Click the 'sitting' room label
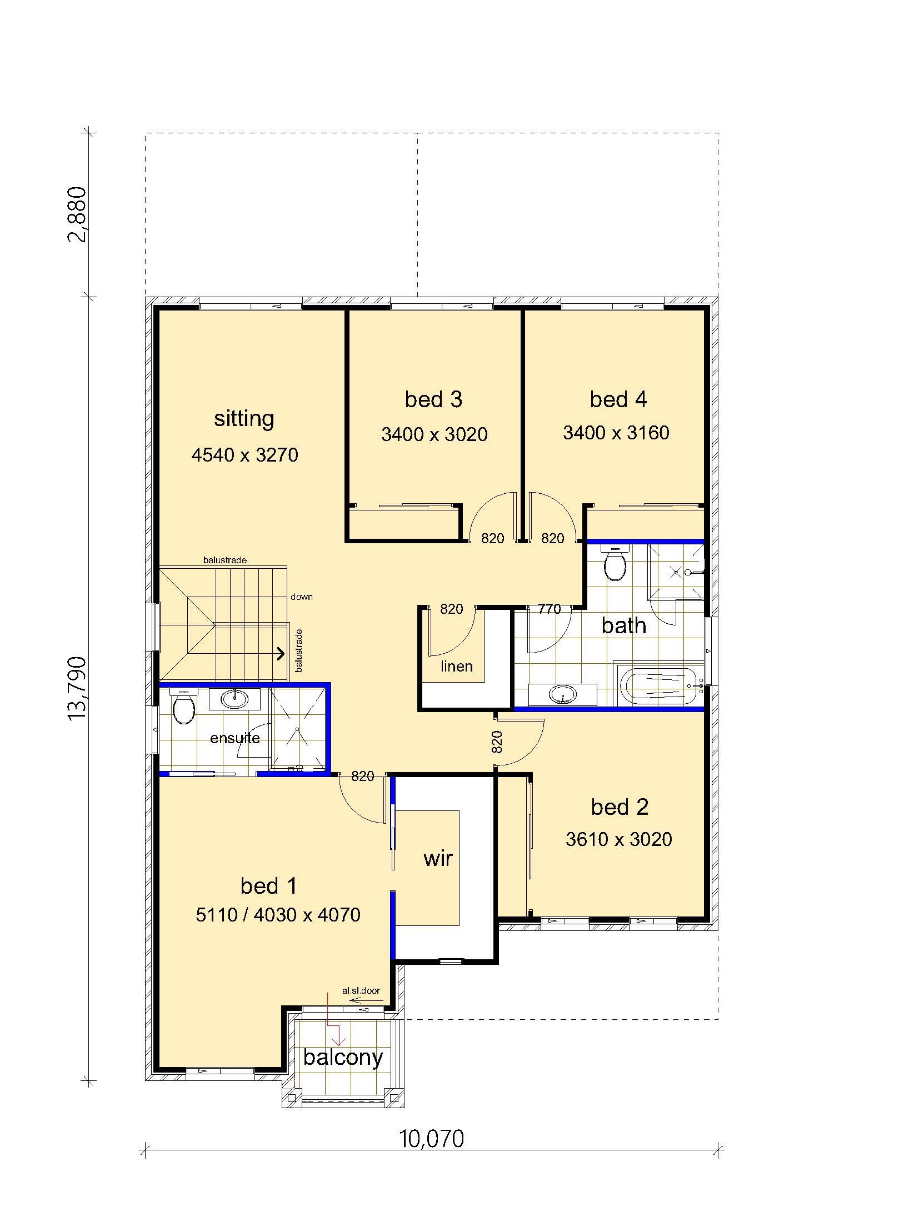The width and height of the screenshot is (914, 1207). click(x=244, y=418)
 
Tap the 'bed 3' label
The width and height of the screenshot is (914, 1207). click(x=433, y=399)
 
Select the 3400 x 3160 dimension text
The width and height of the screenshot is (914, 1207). click(x=616, y=433)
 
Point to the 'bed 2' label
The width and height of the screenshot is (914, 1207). click(x=620, y=807)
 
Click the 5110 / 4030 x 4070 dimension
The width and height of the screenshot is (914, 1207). click(x=278, y=915)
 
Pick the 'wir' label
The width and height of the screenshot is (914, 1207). click(x=438, y=858)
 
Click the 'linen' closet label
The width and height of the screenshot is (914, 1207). click(x=456, y=666)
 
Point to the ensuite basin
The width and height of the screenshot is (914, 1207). click(x=234, y=698)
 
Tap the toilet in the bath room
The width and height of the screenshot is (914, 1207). click(x=615, y=563)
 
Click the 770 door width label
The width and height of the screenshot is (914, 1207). click(x=549, y=609)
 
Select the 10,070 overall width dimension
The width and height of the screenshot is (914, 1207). click(x=432, y=1138)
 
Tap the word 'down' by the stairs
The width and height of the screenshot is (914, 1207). click(x=301, y=597)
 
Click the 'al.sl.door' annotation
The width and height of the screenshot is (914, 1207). click(x=361, y=990)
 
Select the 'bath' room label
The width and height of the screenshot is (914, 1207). click(x=624, y=625)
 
